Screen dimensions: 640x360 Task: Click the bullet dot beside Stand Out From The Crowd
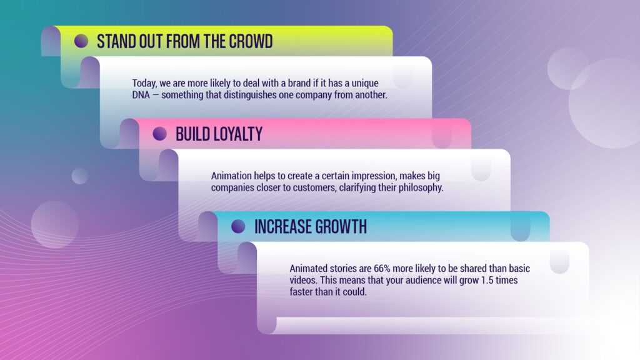tap(81, 41)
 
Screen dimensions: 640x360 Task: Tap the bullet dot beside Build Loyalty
tap(159, 134)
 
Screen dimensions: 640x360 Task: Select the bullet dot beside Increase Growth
tap(238, 226)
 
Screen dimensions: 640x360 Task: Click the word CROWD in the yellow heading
tap(251, 42)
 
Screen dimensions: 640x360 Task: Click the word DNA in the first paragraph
tap(141, 95)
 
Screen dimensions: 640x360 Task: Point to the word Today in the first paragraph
tap(144, 84)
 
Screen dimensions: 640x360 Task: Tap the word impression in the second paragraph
tap(374, 176)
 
